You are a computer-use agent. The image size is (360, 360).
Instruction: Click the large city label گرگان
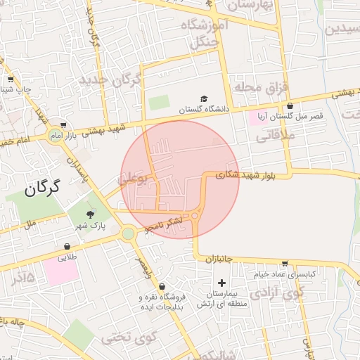(43, 188)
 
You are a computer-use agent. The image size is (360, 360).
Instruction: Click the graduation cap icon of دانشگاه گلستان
(204, 98)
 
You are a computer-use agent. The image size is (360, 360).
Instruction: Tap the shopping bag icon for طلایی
(67, 247)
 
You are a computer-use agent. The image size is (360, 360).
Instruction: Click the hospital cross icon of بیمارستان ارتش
(221, 283)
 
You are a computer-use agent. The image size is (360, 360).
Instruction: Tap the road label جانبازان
(220, 259)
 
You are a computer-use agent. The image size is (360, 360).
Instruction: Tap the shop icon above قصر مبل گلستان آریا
(290, 105)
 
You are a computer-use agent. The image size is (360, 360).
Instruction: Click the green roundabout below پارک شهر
(127, 233)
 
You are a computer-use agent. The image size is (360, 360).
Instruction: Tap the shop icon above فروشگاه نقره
(162, 287)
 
